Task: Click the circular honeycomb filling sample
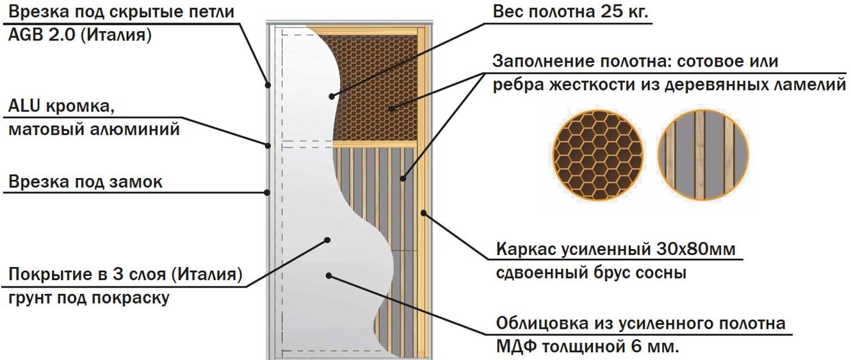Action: point(598,155)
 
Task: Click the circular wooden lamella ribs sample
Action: point(703,155)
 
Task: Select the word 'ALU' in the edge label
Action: point(24,106)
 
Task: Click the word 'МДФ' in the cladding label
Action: point(516,347)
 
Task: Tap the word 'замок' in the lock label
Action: point(136,182)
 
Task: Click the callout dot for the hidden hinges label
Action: point(268,85)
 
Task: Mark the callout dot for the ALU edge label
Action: point(268,145)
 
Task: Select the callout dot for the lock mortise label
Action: point(267,193)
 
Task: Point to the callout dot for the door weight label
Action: point(332,97)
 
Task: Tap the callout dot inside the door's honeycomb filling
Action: point(391,109)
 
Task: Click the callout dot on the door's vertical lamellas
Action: point(403,178)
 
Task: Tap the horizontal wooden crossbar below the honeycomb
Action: point(375,144)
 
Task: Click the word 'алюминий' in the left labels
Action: point(134,129)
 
